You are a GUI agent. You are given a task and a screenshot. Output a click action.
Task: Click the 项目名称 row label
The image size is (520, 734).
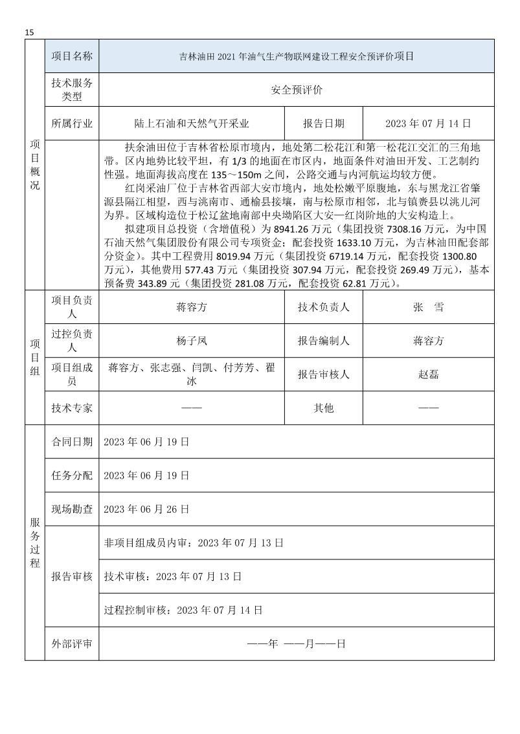tap(72, 56)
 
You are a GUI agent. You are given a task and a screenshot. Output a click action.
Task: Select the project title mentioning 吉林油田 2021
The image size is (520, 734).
tap(296, 57)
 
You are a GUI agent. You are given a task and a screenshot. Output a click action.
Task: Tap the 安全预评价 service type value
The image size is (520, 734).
tap(296, 90)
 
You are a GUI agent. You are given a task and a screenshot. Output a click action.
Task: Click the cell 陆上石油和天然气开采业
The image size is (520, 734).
tap(191, 123)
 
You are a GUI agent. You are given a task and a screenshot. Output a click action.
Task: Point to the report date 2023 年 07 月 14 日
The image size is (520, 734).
tap(428, 123)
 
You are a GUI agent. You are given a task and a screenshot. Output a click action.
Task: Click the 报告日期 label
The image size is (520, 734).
tap(324, 123)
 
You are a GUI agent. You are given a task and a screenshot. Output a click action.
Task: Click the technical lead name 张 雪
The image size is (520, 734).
tap(428, 307)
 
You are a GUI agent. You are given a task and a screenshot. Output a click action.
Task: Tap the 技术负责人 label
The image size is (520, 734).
tap(324, 307)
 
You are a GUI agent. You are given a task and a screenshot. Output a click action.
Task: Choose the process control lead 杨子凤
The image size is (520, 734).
tap(191, 341)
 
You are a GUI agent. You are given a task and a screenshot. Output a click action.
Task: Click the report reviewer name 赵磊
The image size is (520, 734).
tap(428, 374)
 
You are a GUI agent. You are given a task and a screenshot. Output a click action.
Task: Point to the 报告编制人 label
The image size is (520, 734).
tap(324, 341)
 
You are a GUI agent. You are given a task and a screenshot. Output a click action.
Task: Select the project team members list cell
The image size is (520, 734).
tap(191, 374)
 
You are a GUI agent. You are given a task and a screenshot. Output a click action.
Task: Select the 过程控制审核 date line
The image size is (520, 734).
tap(183, 610)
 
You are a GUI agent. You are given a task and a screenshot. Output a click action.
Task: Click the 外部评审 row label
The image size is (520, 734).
tap(72, 643)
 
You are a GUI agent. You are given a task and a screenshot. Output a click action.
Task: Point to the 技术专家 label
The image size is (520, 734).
tap(72, 408)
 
